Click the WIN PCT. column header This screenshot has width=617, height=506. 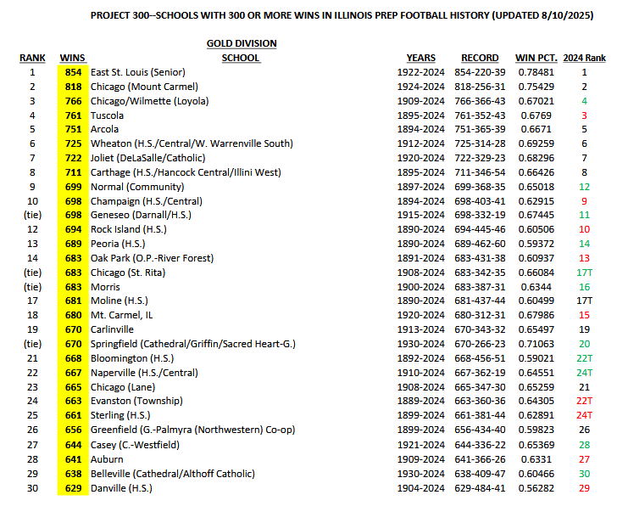[x=534, y=58]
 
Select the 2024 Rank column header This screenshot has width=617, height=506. [x=584, y=58]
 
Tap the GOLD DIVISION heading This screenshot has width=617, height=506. [x=242, y=43]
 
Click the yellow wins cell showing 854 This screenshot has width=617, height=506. [x=73, y=72]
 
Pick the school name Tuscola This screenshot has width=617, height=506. [x=108, y=115]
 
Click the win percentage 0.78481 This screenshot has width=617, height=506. [x=534, y=72]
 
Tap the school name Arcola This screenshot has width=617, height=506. [x=105, y=129]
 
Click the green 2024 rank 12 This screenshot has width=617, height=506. [x=584, y=187]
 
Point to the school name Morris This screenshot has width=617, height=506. [x=106, y=287]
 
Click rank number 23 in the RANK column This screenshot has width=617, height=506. [x=32, y=387]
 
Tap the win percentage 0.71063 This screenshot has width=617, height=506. [x=534, y=344]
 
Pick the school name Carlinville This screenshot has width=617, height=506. [x=114, y=329]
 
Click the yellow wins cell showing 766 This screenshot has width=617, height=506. [x=73, y=101]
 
